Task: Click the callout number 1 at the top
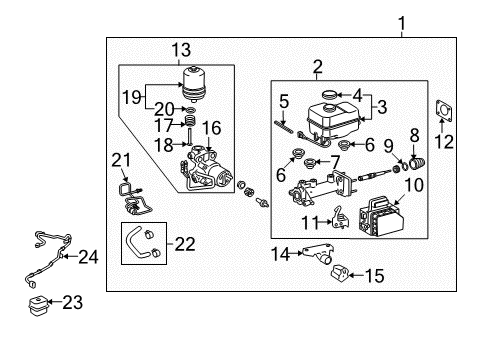[403, 22]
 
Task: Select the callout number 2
[290, 69]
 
